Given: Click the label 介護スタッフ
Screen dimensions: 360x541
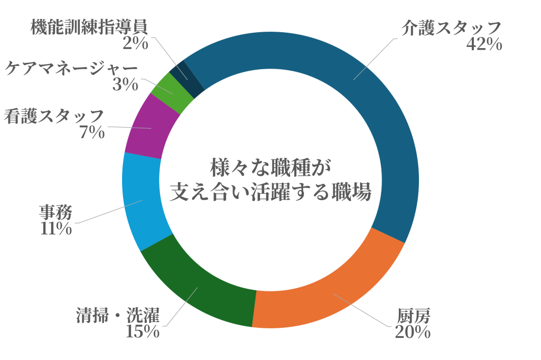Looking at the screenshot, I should coord(450,28).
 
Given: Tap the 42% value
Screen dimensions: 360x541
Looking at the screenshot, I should coord(483,44).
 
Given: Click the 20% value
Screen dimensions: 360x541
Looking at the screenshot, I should coord(412,332).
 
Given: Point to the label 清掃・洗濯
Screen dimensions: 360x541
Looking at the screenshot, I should coord(117,316).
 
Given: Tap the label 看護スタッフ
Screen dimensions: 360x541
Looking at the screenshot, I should coord(54,116).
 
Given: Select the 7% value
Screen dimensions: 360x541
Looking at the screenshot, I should coord(91,132).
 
